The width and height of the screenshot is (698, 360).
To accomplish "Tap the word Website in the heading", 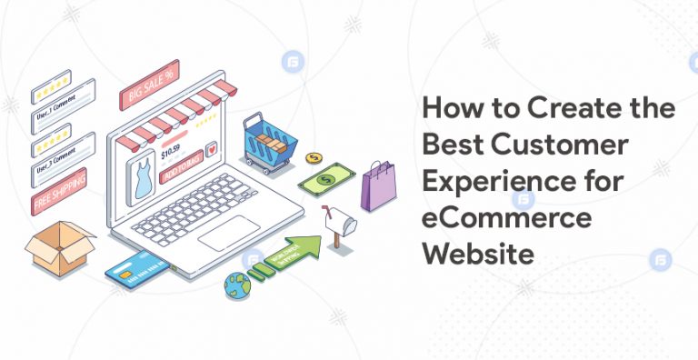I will click(x=477, y=255).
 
